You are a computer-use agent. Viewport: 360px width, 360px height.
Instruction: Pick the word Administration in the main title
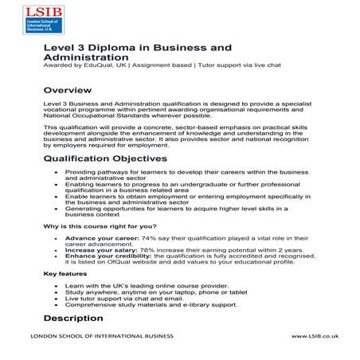85,57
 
